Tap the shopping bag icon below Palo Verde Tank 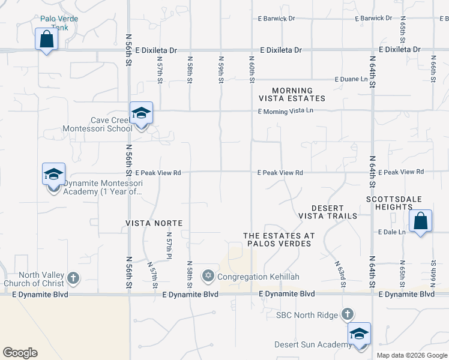(46, 40)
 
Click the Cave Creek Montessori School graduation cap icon (141, 113)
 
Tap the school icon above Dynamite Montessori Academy (53, 175)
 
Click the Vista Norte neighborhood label (154, 223)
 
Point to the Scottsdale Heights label (402, 203)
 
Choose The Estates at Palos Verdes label (277, 239)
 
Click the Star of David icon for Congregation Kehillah (208, 276)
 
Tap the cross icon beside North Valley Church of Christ (73, 278)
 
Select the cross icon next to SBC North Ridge (347, 314)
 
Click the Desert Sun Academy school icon (359, 334)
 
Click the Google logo (20, 353)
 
